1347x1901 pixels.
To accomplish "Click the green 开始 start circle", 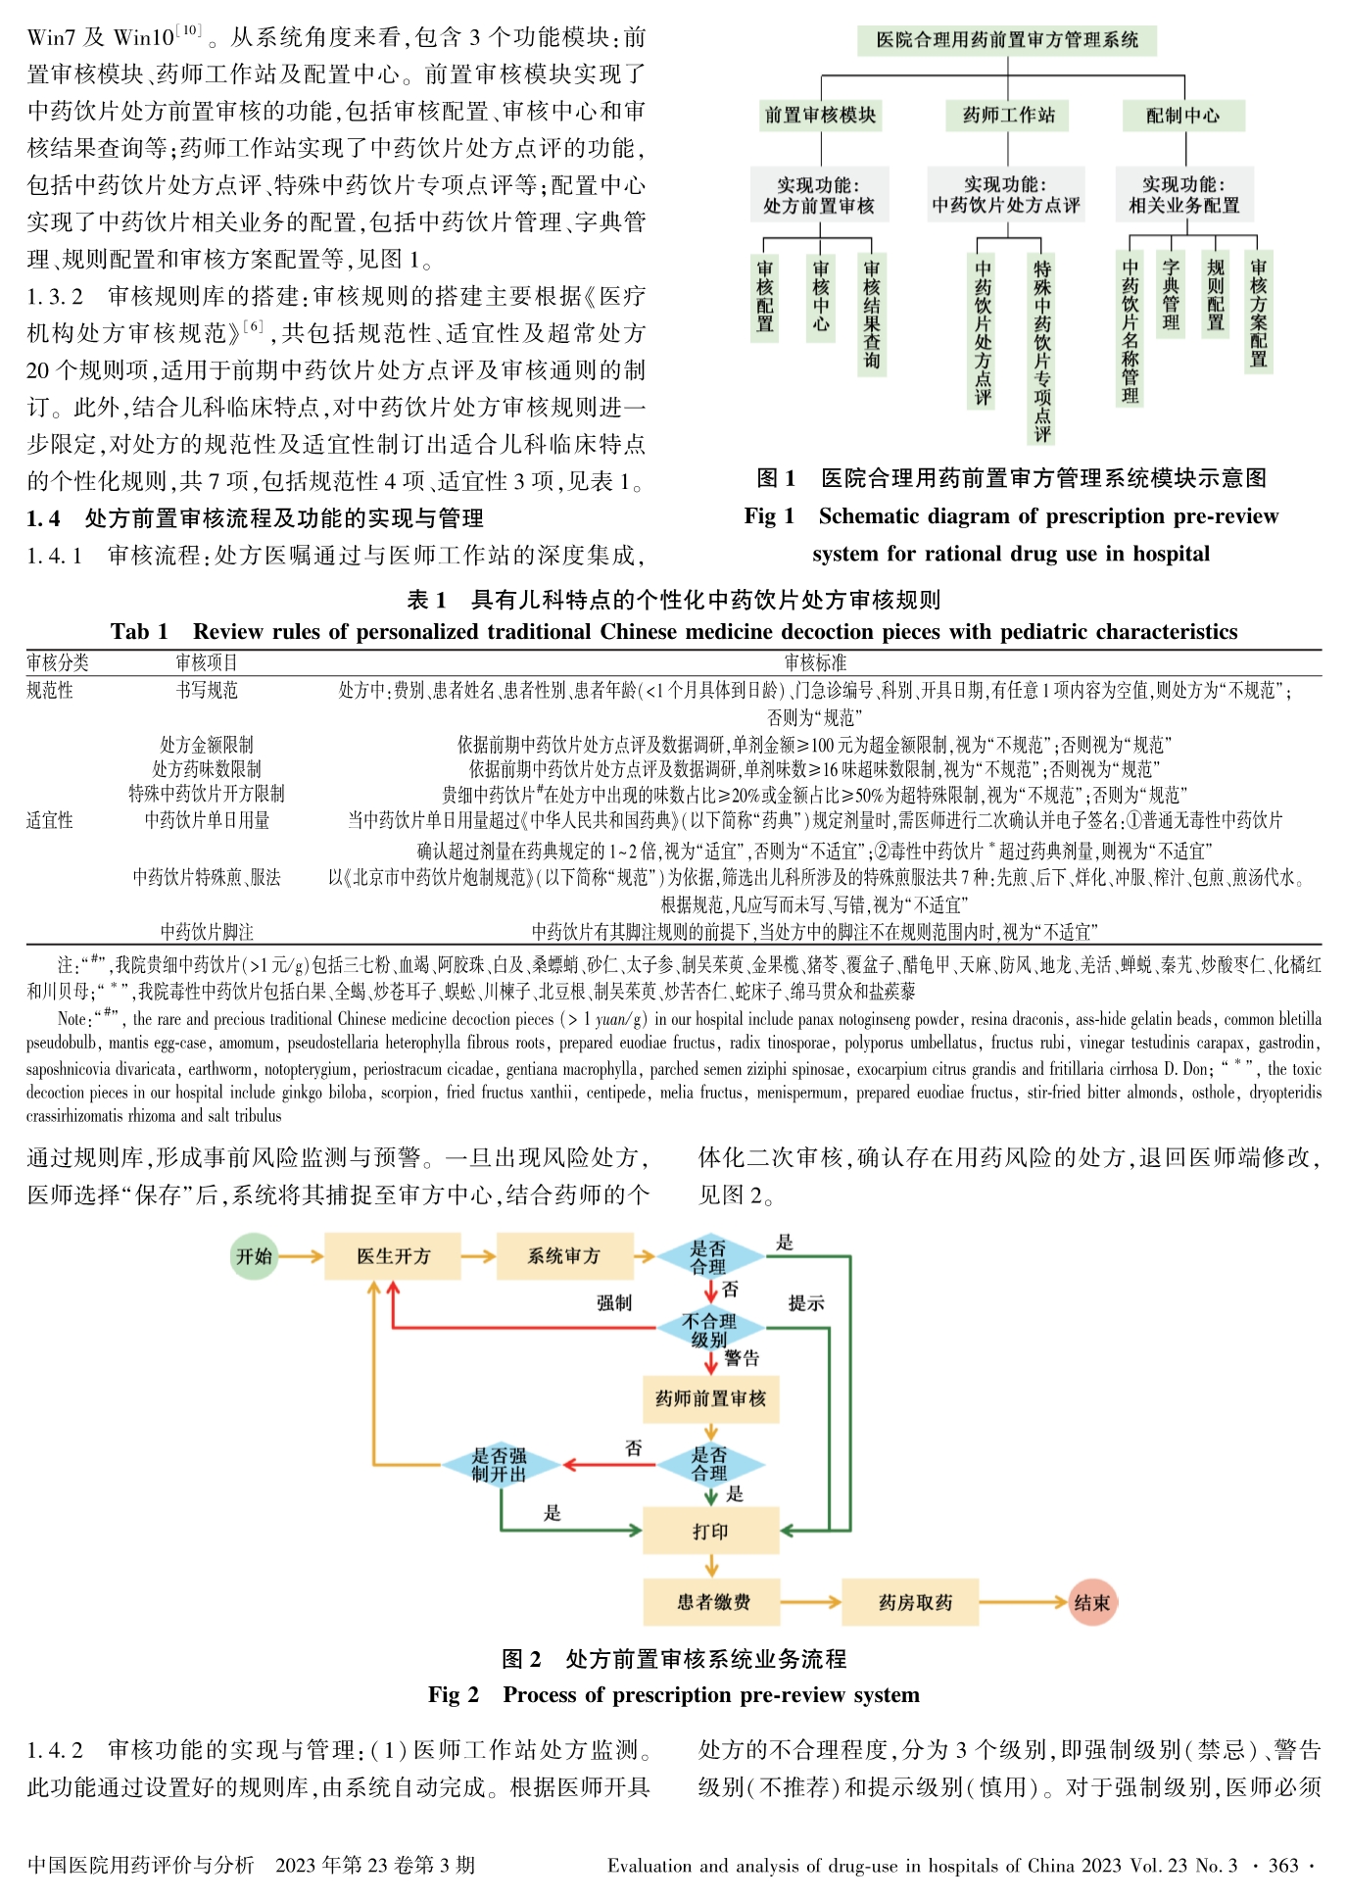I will (254, 1256).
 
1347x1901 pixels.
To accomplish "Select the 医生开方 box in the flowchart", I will (393, 1256).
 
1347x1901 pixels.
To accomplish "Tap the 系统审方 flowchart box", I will (563, 1256).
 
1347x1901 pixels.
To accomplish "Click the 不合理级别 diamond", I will (709, 1330).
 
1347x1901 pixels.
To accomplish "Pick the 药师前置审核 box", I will (710, 1398).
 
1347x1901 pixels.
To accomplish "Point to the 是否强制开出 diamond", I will (500, 1465).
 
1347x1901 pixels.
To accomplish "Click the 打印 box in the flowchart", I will (710, 1531).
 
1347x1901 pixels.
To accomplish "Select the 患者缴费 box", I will (712, 1602).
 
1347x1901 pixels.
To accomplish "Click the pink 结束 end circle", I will (1091, 1603).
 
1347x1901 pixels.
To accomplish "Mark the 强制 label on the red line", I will (614, 1303).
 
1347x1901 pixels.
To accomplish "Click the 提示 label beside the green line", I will (806, 1303).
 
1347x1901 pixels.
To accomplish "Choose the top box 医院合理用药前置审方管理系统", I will (1007, 40).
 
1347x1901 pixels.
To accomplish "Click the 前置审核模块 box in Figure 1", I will (821, 116).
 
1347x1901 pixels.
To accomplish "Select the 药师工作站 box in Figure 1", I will (1008, 116).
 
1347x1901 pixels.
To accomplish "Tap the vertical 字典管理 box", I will (1171, 294).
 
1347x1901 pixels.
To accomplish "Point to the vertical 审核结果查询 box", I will (871, 314).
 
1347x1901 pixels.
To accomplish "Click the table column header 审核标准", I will (815, 663).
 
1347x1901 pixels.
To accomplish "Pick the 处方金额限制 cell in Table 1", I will (207, 745).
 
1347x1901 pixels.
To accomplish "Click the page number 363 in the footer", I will (1282, 1866).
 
